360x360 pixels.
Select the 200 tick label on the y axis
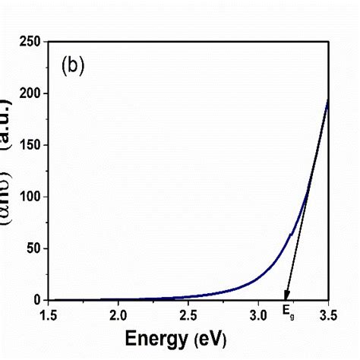pos(30,93)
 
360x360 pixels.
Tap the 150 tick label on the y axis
pos(30,144)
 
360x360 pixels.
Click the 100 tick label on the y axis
pos(30,197)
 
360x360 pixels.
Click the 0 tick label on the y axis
pos(36,300)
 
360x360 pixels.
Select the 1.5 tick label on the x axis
pos(48,314)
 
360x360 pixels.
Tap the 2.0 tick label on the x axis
pos(118,314)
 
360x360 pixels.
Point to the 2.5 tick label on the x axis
pos(188,314)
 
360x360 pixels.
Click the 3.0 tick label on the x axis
pos(259,314)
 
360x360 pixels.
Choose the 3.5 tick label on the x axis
pos(328,314)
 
